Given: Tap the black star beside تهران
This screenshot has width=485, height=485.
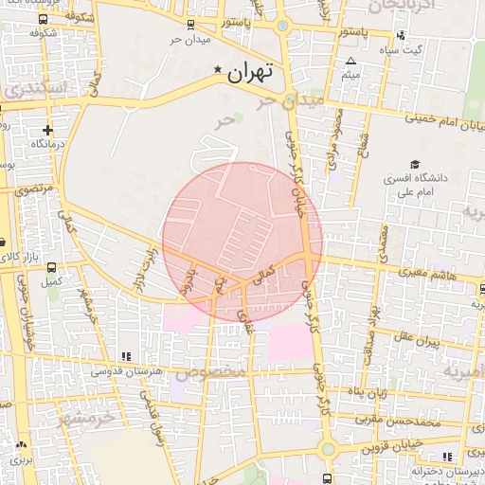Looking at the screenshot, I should (219, 70).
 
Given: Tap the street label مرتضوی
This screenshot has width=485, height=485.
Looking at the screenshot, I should (35, 189).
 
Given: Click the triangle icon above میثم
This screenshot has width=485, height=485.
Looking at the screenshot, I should (350, 60).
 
